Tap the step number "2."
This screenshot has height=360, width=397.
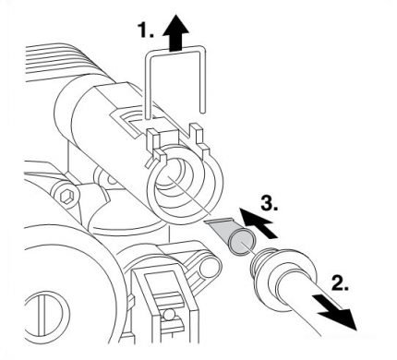(342, 285)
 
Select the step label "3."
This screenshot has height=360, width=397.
(268, 199)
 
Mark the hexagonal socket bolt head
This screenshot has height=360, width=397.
(67, 196)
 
